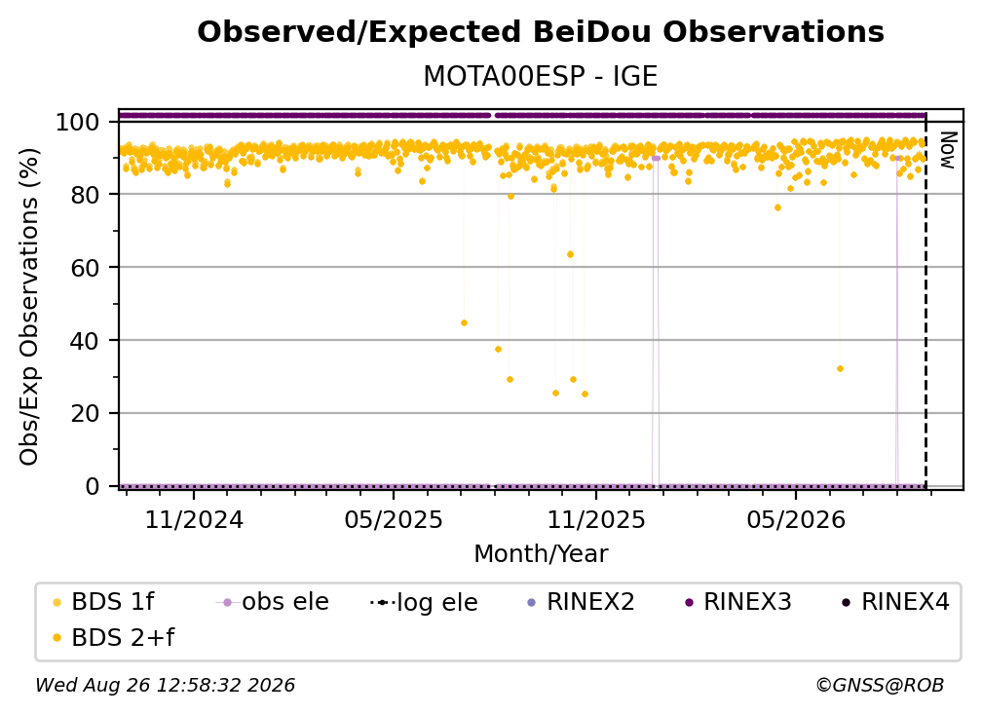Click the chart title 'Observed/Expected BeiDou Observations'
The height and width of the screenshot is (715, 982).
tap(541, 32)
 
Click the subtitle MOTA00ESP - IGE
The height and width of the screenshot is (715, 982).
tap(541, 76)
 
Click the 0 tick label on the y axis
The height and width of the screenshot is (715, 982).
tap(93, 486)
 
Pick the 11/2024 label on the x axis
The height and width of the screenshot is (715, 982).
tap(194, 519)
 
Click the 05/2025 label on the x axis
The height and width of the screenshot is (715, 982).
tap(394, 519)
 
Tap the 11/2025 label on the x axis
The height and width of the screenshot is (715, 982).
tap(596, 519)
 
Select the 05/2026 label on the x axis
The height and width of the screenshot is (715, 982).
tap(796, 519)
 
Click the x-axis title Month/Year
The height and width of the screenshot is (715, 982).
tap(541, 553)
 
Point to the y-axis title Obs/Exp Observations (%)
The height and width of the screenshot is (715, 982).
tap(29, 306)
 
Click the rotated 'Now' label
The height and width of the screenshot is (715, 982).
tap(948, 150)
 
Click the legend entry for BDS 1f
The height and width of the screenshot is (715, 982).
tap(103, 602)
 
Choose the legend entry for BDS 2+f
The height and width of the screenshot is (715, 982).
tap(113, 637)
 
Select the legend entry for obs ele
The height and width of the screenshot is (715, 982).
tap(273, 602)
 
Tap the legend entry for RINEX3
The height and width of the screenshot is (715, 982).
tap(738, 602)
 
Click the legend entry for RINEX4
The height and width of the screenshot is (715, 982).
tap(896, 602)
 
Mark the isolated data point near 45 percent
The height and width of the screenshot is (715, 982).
tap(464, 323)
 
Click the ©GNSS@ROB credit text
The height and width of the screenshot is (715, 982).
tap(880, 685)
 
